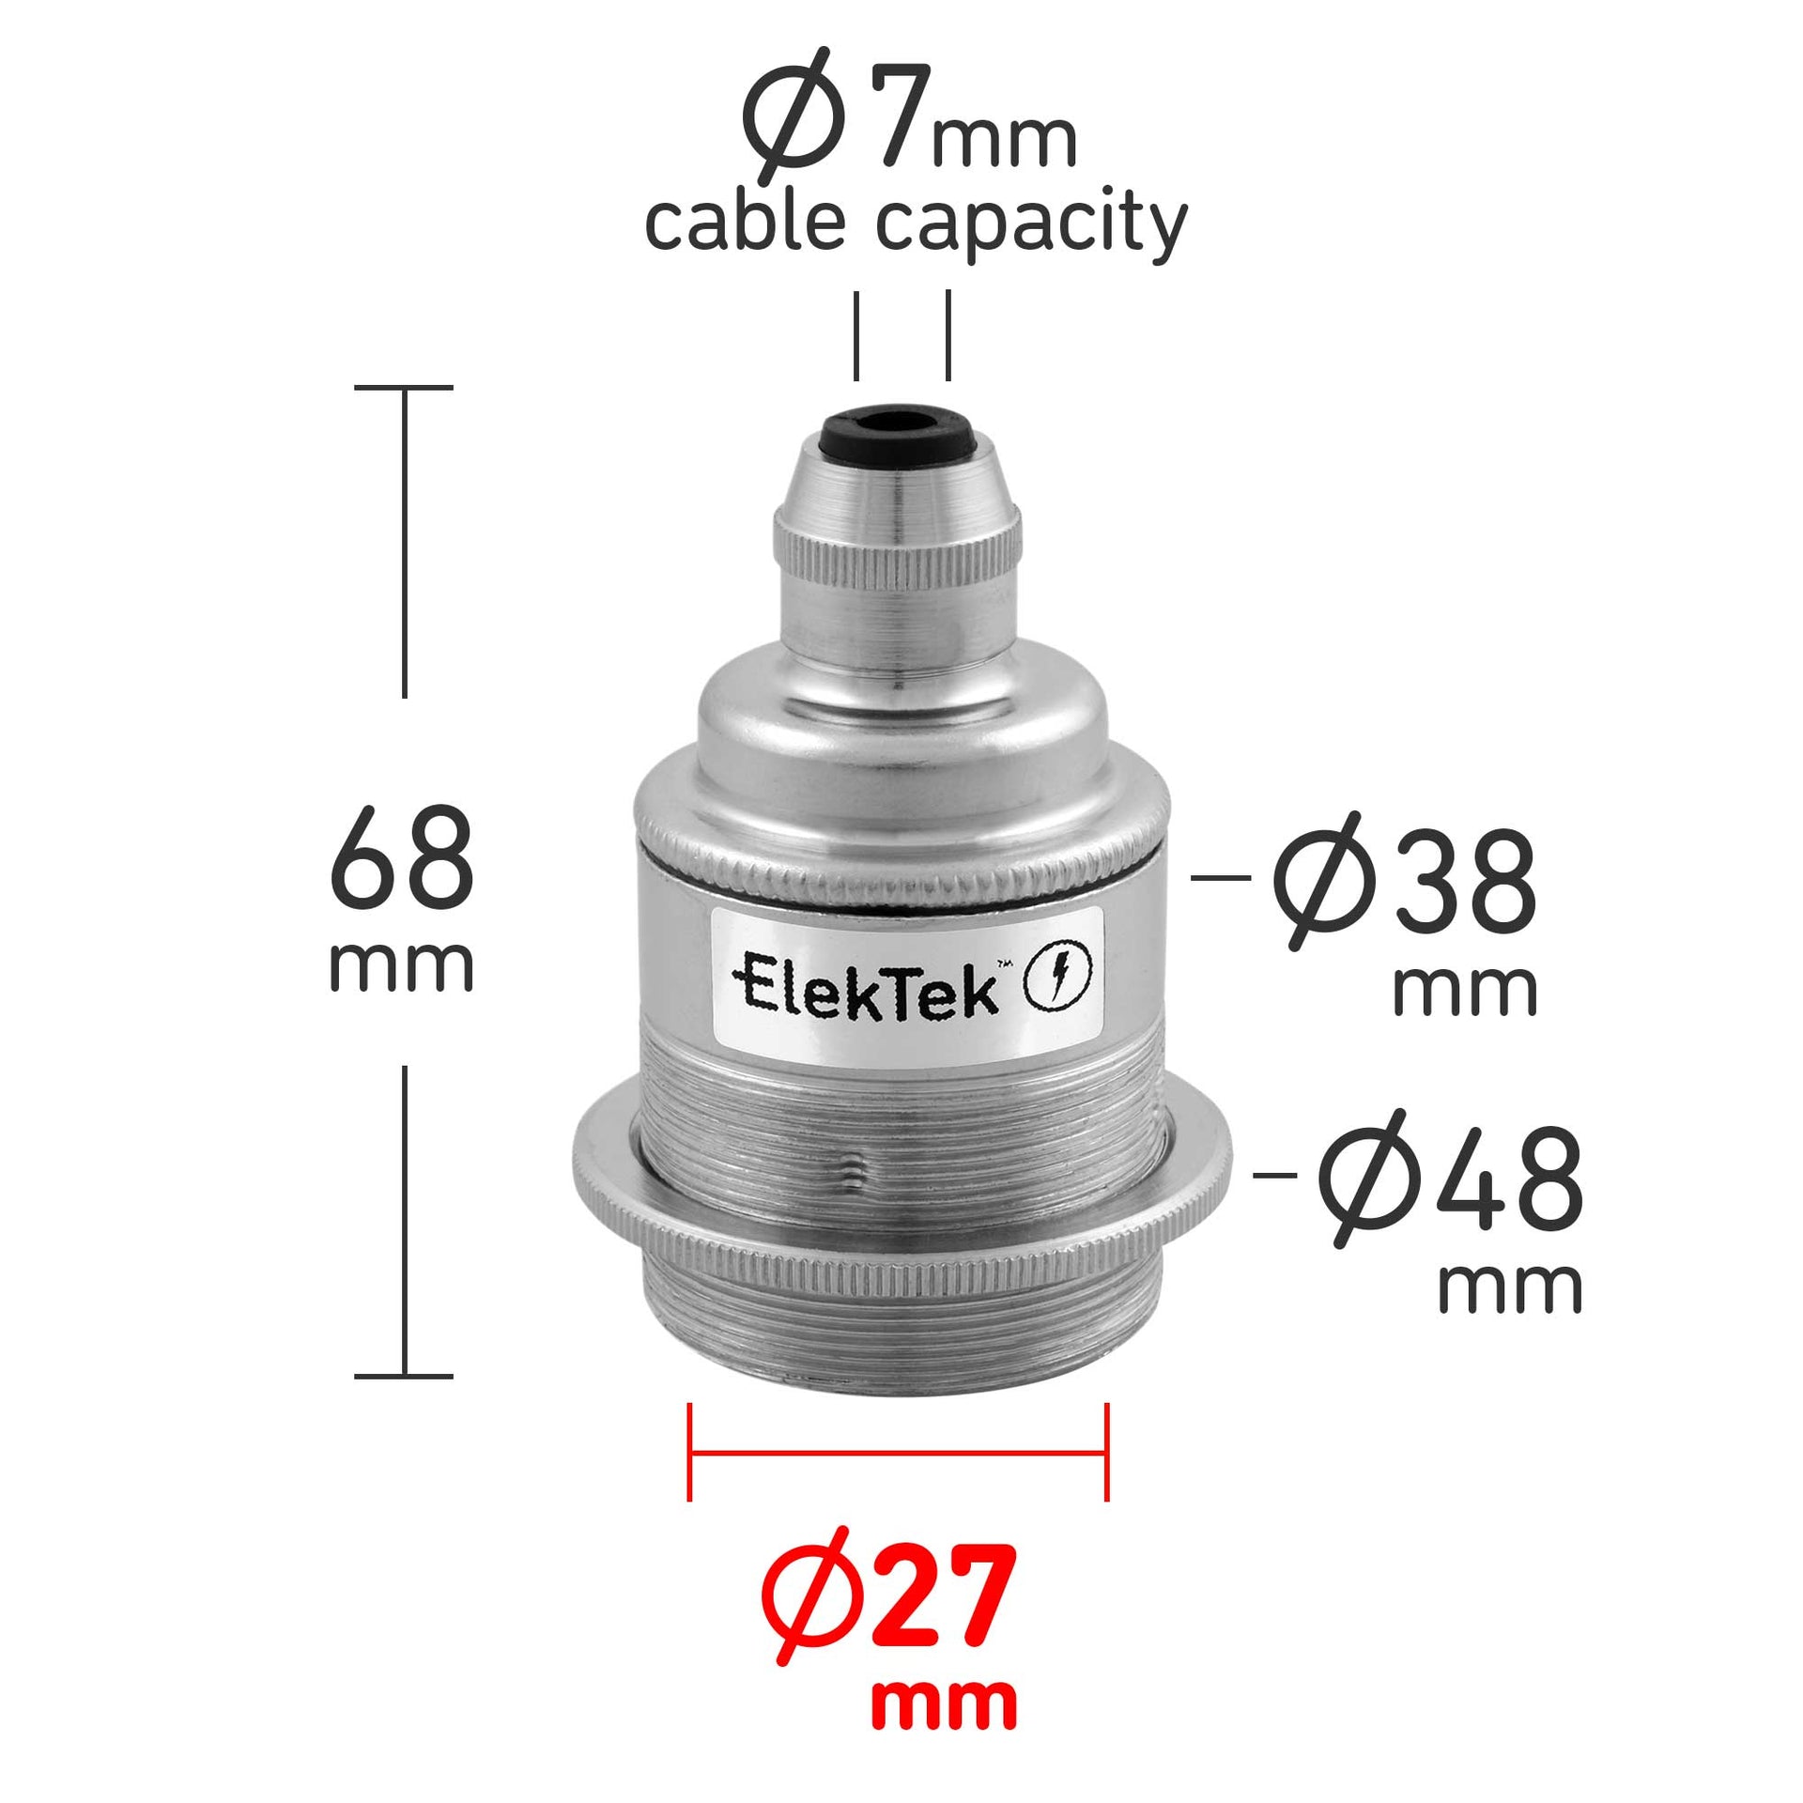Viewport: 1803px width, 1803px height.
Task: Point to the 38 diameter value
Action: click(1464, 884)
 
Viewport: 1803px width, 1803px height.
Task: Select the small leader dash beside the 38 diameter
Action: click(1220, 878)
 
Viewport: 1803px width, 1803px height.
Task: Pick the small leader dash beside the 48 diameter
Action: click(1275, 1174)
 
